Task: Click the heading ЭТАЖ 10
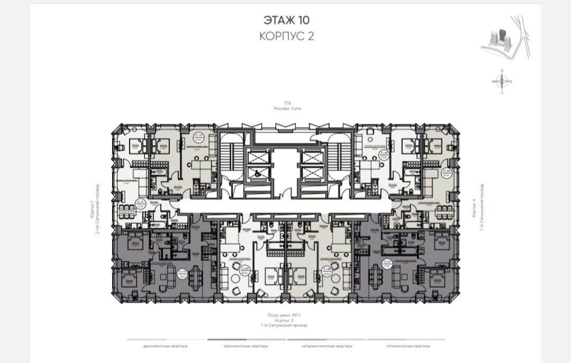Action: pos(286,20)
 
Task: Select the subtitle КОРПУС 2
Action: pos(286,36)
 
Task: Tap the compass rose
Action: pos(502,81)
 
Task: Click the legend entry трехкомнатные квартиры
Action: pos(246,346)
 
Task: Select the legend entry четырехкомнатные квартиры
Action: pos(326,346)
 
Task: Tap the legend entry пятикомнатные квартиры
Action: pos(406,346)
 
